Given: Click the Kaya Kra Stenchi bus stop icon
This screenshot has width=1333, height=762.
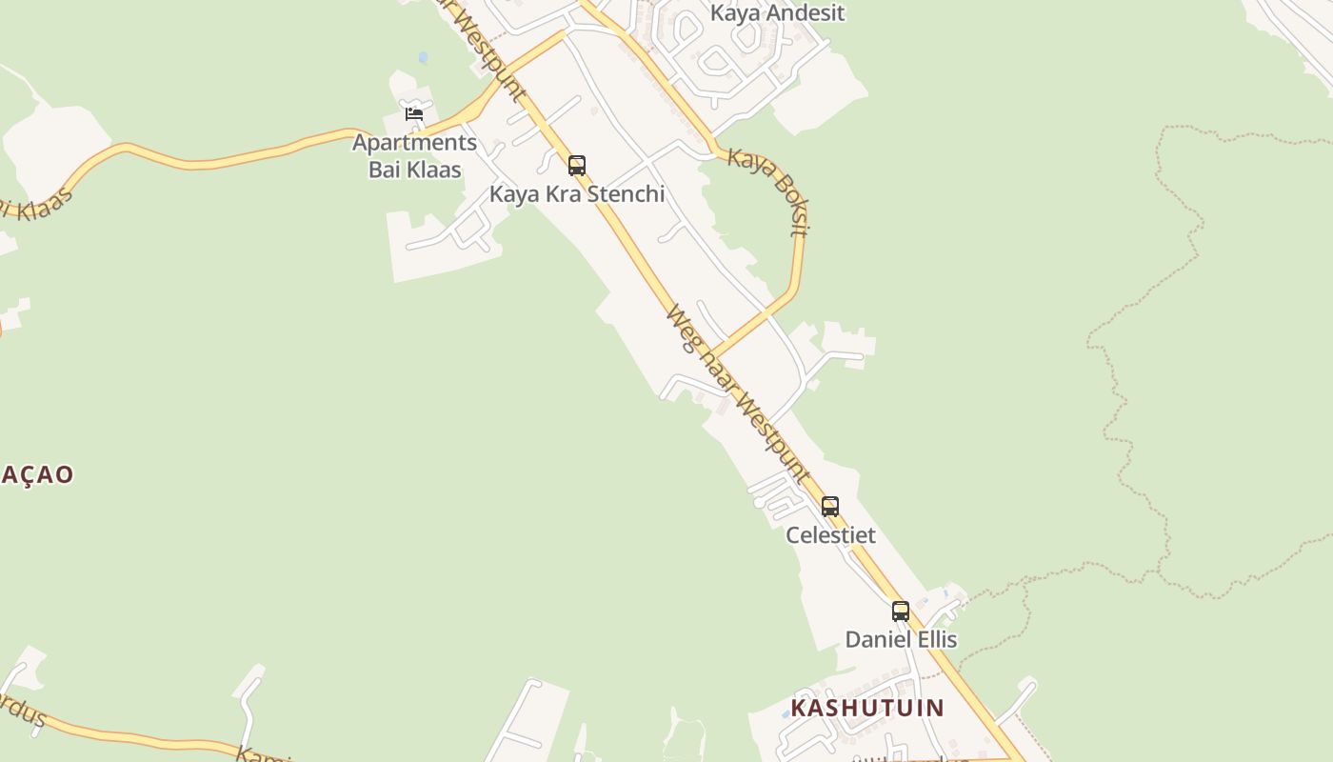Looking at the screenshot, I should (x=577, y=166).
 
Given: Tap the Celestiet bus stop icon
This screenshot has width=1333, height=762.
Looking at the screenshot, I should (x=830, y=507).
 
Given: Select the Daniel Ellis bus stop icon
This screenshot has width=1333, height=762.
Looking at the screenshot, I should (x=901, y=612).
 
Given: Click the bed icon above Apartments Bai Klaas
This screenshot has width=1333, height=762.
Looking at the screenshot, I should (x=414, y=114).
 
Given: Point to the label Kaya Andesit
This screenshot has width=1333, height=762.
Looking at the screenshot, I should (x=777, y=13).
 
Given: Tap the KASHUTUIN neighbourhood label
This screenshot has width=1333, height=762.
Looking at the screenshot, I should (x=866, y=708).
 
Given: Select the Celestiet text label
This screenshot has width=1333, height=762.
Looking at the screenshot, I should (x=830, y=535).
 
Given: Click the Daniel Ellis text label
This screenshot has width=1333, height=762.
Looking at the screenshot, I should (x=901, y=639).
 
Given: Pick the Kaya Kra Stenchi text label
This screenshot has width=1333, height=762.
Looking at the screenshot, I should (x=577, y=194).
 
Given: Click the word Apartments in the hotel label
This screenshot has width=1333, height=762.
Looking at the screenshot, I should (x=414, y=143).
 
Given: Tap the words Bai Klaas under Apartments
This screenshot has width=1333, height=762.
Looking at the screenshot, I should (x=414, y=170).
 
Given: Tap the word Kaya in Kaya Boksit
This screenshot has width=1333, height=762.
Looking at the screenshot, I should (x=746, y=161).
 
